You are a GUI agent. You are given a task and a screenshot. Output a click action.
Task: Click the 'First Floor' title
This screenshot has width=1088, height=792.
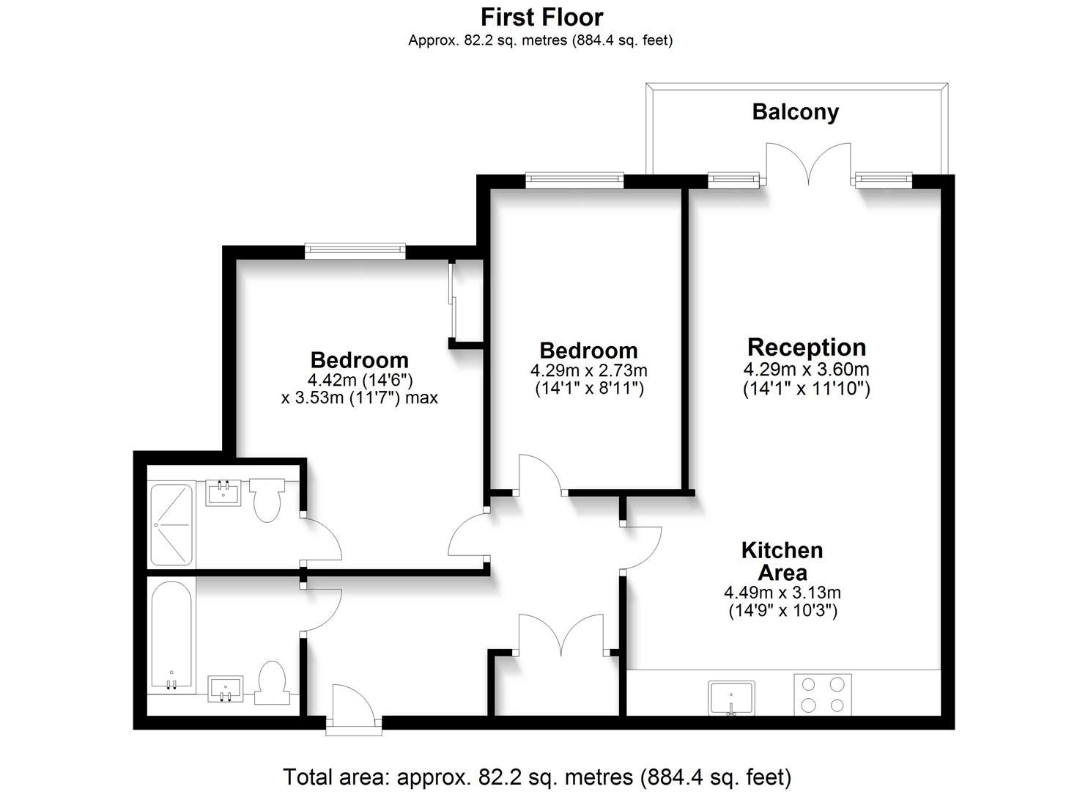pyautogui.click(x=541, y=16)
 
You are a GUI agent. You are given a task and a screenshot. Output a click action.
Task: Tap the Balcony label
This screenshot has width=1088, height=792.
pyautogui.click(x=795, y=112)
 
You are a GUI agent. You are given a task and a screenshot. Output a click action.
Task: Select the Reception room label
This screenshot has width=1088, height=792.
pyautogui.click(x=806, y=347)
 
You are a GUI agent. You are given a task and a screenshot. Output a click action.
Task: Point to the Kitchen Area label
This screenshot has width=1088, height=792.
pyautogui.click(x=782, y=561)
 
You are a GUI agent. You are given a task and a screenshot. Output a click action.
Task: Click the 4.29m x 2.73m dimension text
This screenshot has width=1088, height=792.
pyautogui.click(x=588, y=370)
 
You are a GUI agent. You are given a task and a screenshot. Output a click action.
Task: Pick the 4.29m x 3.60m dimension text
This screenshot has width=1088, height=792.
pyautogui.click(x=806, y=369)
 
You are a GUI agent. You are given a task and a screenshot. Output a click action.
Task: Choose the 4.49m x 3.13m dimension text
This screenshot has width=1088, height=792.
pyautogui.click(x=782, y=593)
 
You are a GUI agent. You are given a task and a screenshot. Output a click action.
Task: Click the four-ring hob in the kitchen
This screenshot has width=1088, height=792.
pyautogui.click(x=823, y=694)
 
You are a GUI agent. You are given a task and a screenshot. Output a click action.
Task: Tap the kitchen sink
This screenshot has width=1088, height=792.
pyautogui.click(x=731, y=697)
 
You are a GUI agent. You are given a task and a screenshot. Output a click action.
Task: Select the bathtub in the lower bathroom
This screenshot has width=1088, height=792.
pyautogui.click(x=171, y=635)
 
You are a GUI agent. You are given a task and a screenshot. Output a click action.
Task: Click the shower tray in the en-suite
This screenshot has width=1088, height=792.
pyautogui.click(x=171, y=524)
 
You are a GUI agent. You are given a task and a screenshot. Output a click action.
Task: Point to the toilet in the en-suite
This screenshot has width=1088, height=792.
pyautogui.click(x=267, y=499)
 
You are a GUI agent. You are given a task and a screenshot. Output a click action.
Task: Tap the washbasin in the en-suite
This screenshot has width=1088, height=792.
pyautogui.click(x=224, y=492)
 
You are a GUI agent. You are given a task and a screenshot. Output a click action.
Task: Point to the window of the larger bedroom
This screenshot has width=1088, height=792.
pyautogui.click(x=355, y=251)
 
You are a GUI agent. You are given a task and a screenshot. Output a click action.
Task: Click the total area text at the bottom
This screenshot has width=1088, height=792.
pyautogui.click(x=537, y=776)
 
